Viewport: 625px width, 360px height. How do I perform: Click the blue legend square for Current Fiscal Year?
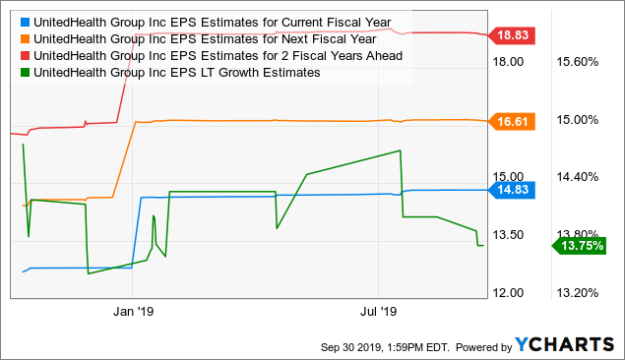click(x=24, y=21)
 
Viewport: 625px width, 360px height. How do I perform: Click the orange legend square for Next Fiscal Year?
click(x=24, y=38)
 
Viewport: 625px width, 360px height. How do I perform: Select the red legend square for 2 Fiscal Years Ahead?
click(x=24, y=55)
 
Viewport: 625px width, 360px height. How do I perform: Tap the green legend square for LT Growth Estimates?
click(x=24, y=72)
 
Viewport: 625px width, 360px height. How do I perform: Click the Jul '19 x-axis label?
click(x=379, y=311)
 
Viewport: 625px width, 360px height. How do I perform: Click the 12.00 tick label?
click(x=511, y=292)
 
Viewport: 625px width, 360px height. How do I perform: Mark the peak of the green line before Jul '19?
click(x=400, y=150)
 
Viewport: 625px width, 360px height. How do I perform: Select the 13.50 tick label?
click(x=511, y=235)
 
